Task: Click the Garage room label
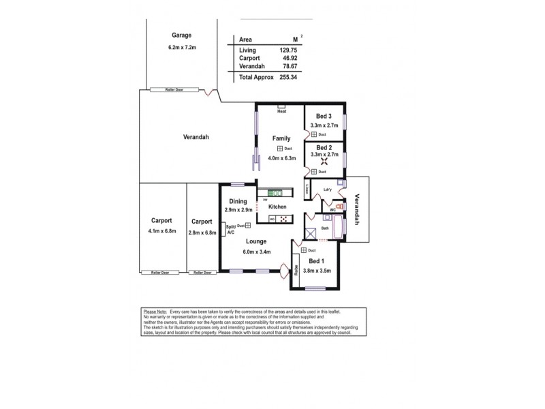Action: click(x=181, y=35)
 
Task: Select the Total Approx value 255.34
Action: click(x=290, y=78)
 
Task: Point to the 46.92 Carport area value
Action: click(x=292, y=59)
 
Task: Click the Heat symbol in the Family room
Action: click(x=281, y=107)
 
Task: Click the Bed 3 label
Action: click(x=324, y=117)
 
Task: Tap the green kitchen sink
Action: click(x=275, y=193)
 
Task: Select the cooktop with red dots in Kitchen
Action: click(x=283, y=219)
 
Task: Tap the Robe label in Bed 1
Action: click(x=296, y=269)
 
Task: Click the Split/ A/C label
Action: click(x=230, y=229)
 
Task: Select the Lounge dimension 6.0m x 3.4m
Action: click(x=256, y=252)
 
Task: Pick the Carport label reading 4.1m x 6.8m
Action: click(x=162, y=231)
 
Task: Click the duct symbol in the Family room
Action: click(x=280, y=149)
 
